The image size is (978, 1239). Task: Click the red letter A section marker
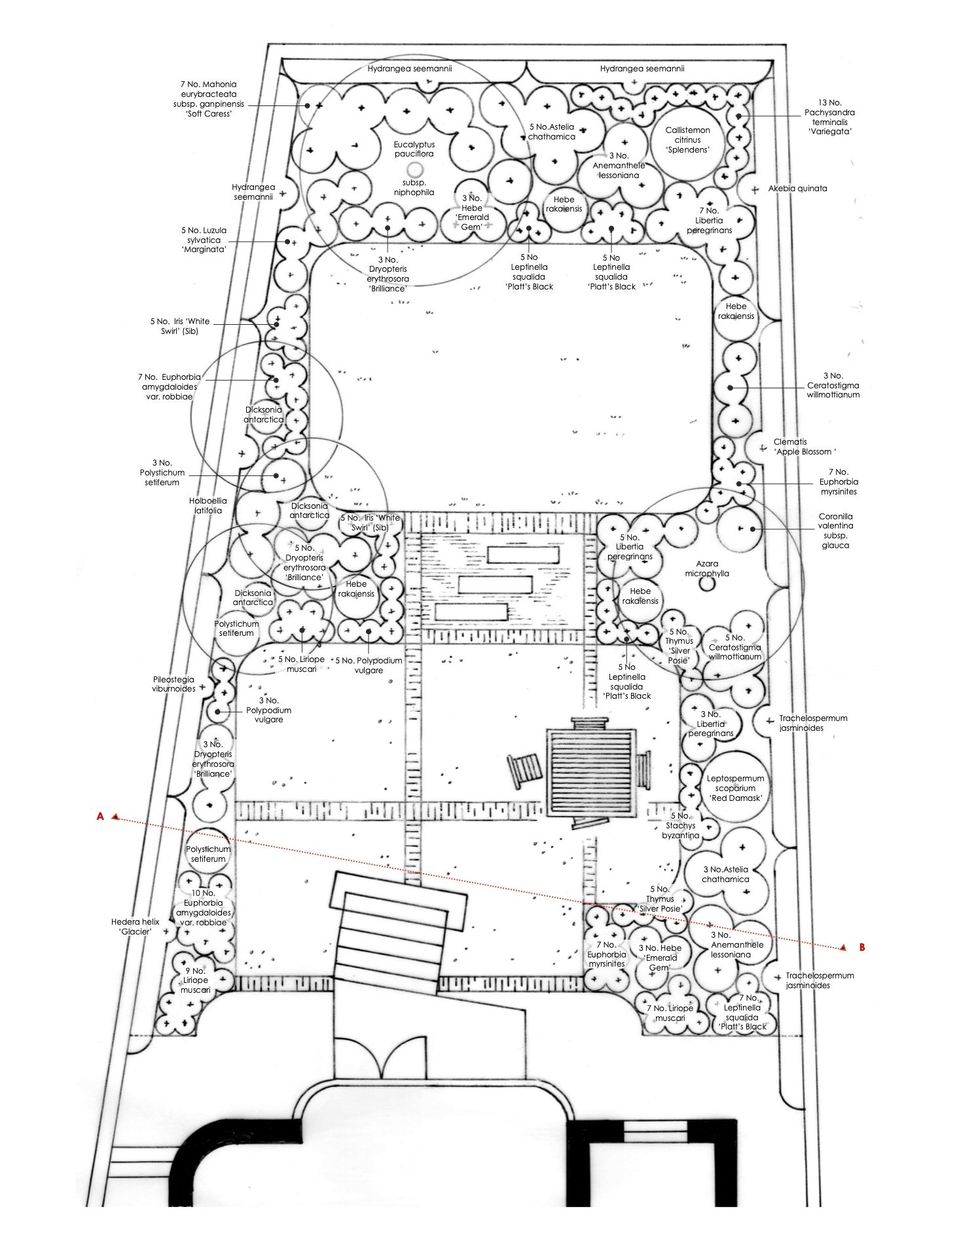tap(100, 816)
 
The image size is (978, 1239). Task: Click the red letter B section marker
tap(861, 947)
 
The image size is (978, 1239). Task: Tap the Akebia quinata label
tap(797, 189)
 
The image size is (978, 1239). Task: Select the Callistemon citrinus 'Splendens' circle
tap(687, 141)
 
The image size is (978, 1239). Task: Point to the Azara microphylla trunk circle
tap(706, 583)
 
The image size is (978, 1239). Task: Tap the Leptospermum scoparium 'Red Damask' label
tap(734, 788)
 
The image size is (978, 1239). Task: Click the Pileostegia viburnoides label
tap(173, 684)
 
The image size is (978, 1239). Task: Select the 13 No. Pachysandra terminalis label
tap(829, 117)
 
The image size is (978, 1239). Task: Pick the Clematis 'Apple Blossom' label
tap(805, 447)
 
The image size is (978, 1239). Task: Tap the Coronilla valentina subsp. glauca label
tap(835, 530)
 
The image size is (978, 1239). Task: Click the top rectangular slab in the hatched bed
tap(523, 555)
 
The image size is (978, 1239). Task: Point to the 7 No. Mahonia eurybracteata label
tap(208, 99)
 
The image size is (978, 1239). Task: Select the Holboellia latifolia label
tap(208, 505)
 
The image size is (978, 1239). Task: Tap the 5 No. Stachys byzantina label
tap(680, 825)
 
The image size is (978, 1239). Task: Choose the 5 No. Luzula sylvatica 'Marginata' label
tap(204, 240)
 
